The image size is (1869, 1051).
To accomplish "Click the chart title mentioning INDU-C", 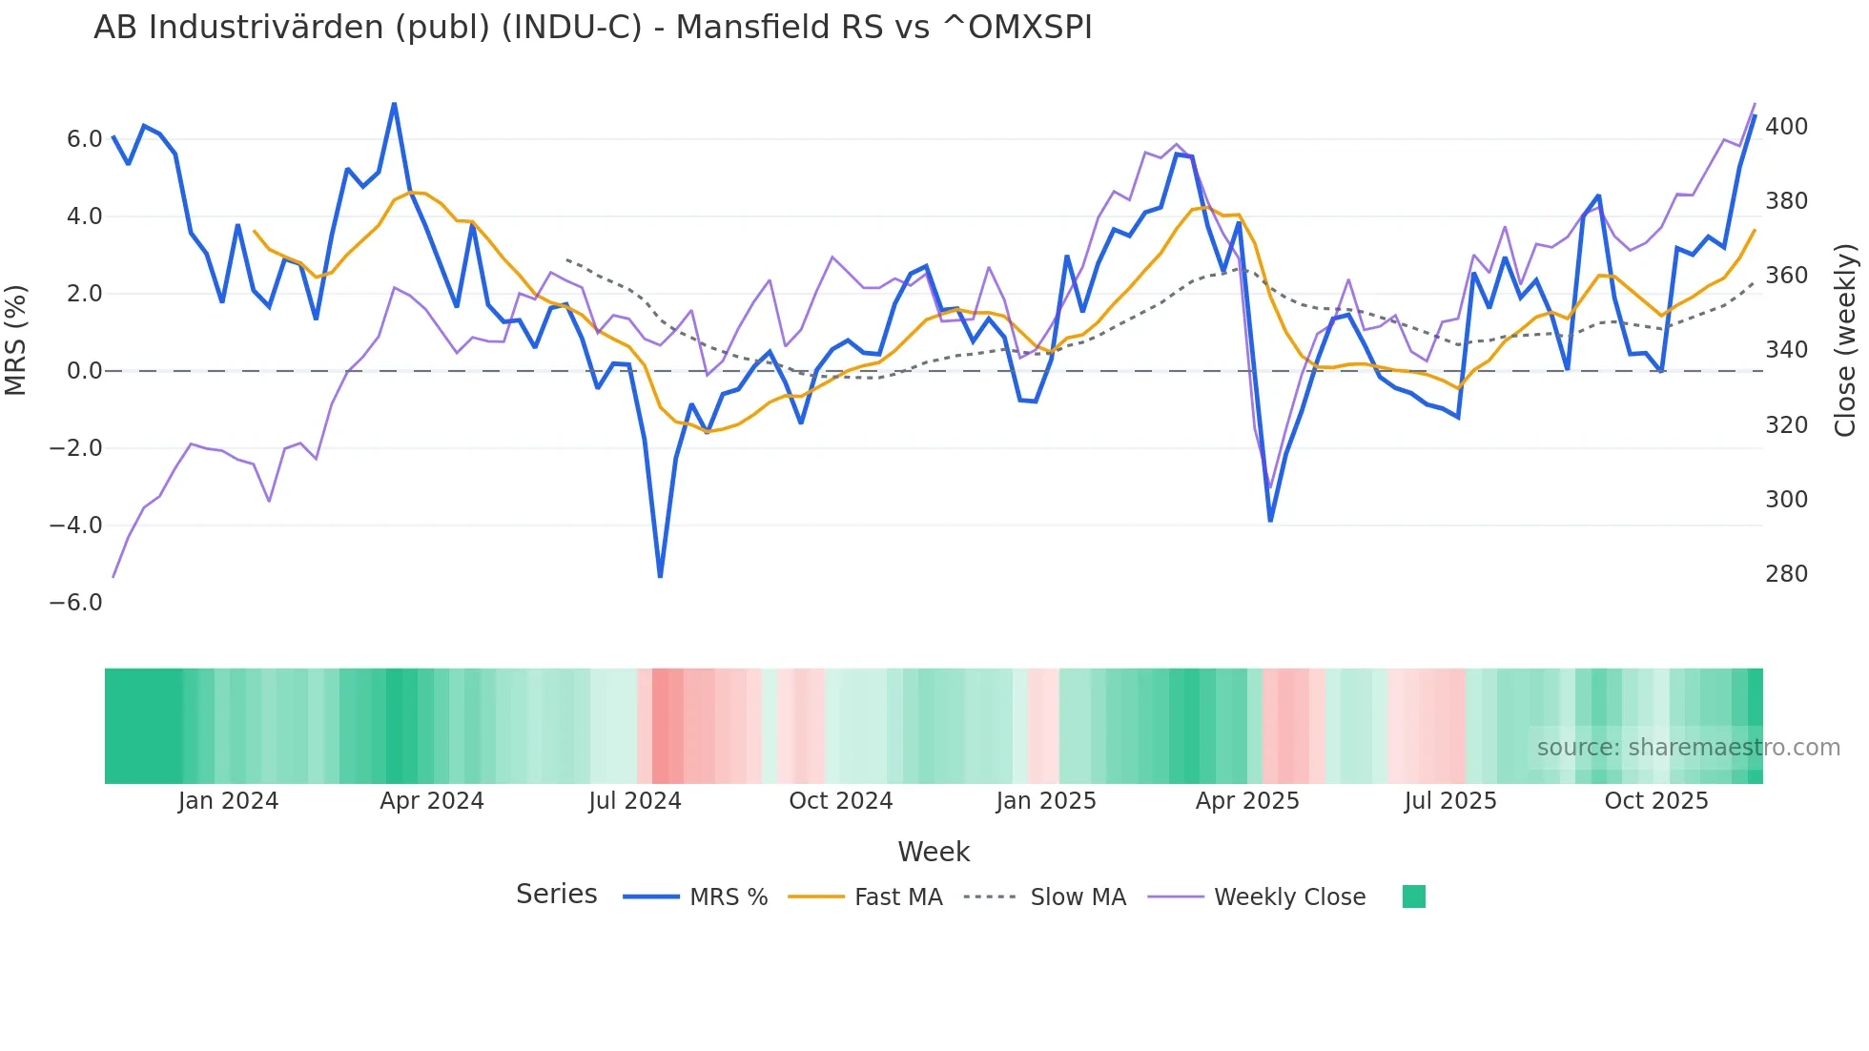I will point(592,28).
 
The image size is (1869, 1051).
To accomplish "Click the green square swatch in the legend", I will point(1413,896).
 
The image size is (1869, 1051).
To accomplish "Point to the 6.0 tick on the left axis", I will point(84,139).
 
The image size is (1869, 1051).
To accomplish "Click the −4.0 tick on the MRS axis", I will point(76,525).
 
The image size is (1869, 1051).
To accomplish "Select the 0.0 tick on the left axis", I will point(84,371).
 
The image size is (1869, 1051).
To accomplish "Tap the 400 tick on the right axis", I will point(1786,127).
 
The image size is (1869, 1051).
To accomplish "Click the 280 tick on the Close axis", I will point(1786,574).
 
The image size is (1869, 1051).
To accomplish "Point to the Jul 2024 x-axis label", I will point(635,801).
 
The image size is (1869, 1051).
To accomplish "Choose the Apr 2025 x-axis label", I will point(1247,801).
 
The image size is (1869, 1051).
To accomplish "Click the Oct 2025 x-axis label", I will point(1656,801).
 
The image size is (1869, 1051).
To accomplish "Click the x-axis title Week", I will point(934,852).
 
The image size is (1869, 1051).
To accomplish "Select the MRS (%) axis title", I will point(16,340).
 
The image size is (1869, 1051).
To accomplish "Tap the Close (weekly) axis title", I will point(1845,340).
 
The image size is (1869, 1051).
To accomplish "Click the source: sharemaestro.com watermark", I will point(1688,748).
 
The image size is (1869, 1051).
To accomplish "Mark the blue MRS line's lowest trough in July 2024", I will point(660,576).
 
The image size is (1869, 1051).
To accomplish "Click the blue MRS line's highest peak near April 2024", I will point(394,103).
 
